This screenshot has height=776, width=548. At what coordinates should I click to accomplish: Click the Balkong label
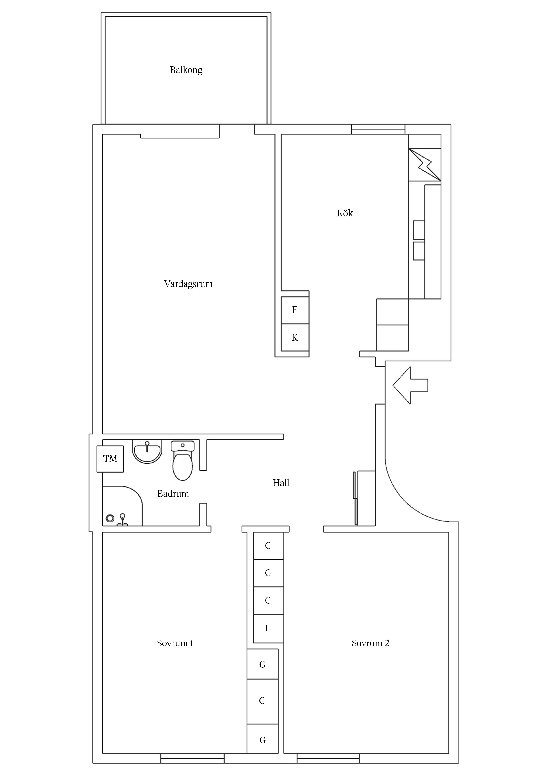186,70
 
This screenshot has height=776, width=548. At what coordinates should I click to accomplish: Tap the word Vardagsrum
188,284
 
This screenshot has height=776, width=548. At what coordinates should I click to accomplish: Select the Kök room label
345,213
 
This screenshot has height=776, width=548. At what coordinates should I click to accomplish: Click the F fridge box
295,310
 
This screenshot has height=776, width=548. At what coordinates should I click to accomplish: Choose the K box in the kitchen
295,337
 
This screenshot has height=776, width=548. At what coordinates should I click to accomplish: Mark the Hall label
281,483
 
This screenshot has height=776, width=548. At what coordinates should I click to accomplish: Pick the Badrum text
173,494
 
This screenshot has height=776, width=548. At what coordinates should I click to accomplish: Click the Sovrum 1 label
175,643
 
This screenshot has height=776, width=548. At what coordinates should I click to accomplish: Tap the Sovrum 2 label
370,643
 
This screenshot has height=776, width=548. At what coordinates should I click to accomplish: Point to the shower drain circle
110,518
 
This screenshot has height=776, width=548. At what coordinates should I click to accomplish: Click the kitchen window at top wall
378,129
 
